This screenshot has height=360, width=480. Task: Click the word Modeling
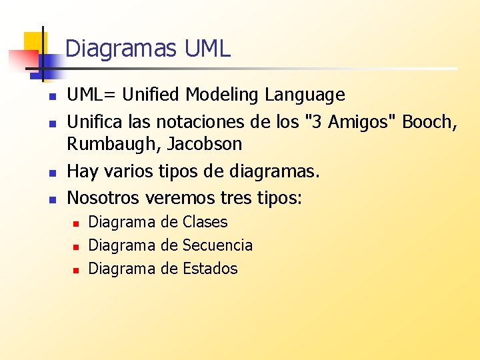pos(223,95)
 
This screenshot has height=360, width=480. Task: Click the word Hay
pos(83,172)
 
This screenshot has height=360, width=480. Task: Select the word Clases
pos(205,222)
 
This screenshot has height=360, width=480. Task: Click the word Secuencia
pos(217,245)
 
